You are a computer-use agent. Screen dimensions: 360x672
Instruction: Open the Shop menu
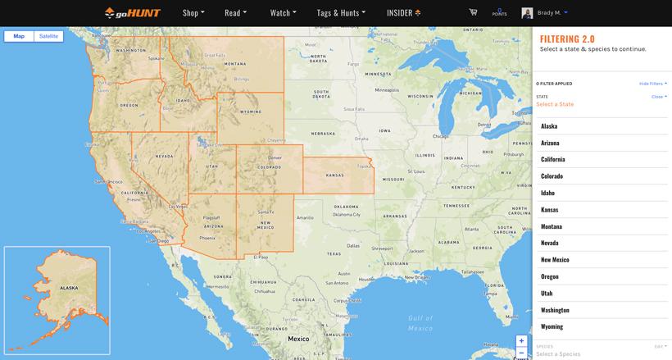pyautogui.click(x=193, y=13)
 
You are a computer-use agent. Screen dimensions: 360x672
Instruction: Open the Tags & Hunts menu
pyautogui.click(x=341, y=13)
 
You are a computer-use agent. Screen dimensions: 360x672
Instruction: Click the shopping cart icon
pyautogui.click(x=473, y=12)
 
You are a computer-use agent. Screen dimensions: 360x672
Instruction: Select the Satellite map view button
pyautogui.click(x=48, y=36)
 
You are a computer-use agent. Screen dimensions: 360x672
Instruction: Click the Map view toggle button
pyautogui.click(x=19, y=36)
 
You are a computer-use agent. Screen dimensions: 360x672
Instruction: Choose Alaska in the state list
pyautogui.click(x=549, y=126)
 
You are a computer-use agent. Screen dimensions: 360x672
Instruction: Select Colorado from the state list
pyautogui.click(x=552, y=176)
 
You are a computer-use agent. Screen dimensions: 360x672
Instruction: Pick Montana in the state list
pyautogui.click(x=552, y=226)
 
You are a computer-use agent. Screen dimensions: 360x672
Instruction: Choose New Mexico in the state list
pyautogui.click(x=555, y=260)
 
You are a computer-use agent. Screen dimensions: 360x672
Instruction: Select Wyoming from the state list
pyautogui.click(x=552, y=326)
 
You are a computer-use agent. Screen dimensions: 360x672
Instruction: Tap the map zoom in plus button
pyautogui.click(x=521, y=341)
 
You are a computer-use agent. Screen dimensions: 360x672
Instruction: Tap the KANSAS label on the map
pyautogui.click(x=335, y=175)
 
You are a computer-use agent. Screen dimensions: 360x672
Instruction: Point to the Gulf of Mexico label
pyautogui.click(x=420, y=322)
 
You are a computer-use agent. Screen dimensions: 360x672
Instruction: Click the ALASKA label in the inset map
pyautogui.click(x=69, y=288)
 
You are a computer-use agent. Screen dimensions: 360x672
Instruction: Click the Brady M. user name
pyautogui.click(x=549, y=12)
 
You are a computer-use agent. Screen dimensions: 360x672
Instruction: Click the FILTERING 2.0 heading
pyautogui.click(x=567, y=39)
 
